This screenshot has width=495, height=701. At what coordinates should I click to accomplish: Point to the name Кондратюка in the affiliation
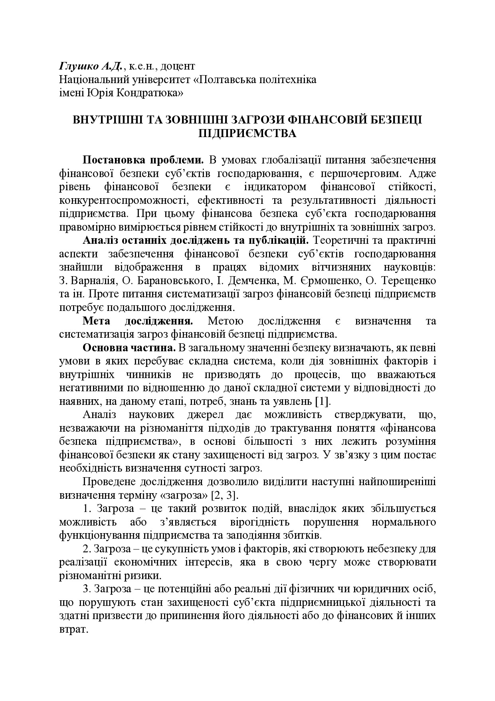click(146, 93)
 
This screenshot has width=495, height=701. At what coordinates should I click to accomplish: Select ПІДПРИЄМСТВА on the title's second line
click(247, 133)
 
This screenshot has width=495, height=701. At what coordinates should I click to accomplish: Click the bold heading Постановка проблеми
click(143, 160)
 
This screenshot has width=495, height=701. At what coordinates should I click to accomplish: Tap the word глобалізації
click(293, 160)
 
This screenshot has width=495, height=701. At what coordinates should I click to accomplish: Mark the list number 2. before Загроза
click(87, 549)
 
